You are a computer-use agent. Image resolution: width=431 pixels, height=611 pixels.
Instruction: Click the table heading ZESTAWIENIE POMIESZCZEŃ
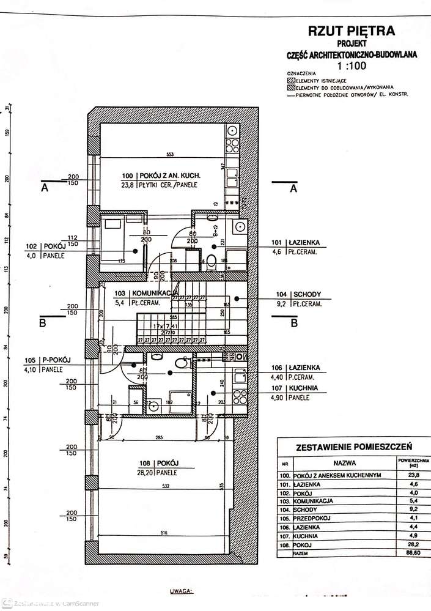352,448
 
